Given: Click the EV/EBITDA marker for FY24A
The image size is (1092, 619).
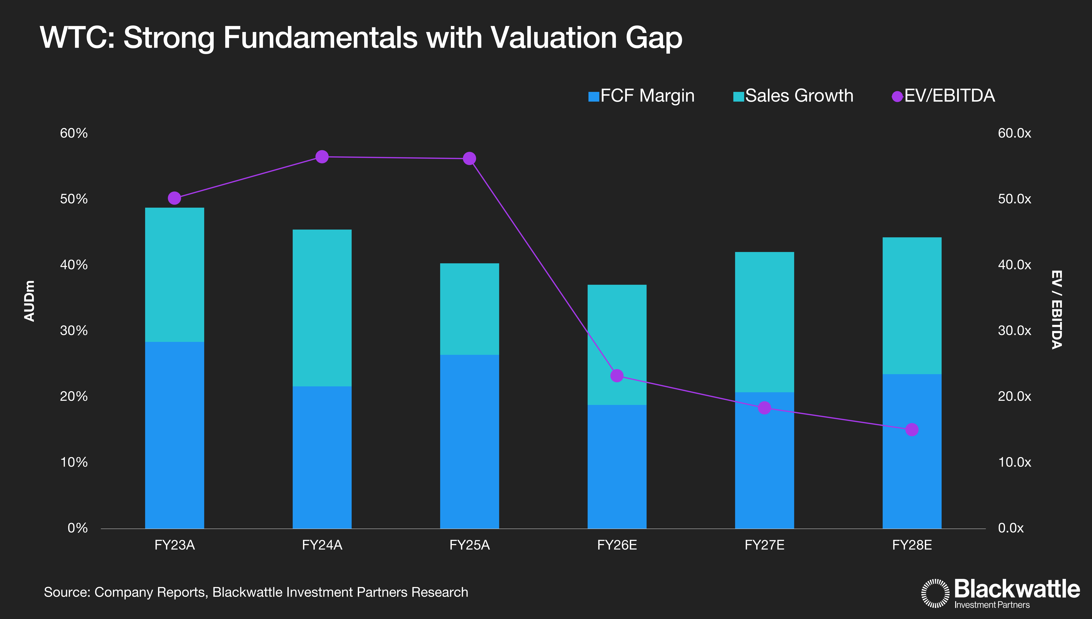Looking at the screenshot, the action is click(x=322, y=157).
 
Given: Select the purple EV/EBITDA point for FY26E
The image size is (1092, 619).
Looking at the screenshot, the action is click(x=617, y=376).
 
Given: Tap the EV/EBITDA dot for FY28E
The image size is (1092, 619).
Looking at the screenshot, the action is click(x=911, y=430).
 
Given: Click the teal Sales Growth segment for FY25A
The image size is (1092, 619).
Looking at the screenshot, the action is click(x=469, y=309).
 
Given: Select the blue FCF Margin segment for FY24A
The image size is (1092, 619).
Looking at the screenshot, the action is click(x=322, y=457).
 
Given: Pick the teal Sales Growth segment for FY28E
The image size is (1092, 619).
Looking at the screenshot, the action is click(x=912, y=306).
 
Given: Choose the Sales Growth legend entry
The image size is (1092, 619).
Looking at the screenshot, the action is click(x=793, y=96).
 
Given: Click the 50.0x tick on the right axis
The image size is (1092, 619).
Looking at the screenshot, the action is click(x=1014, y=199).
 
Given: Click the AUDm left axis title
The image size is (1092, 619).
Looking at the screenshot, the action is click(x=29, y=301).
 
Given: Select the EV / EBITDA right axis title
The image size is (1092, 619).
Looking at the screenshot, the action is click(x=1057, y=309).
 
